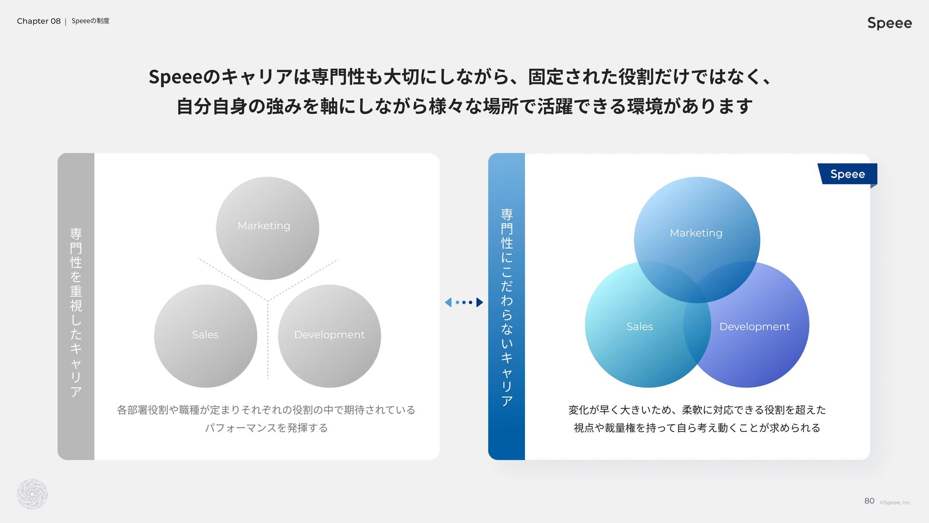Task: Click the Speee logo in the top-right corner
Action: click(x=889, y=23)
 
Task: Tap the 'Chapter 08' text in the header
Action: click(x=39, y=21)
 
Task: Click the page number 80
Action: click(x=869, y=501)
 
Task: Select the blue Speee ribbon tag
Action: click(x=847, y=174)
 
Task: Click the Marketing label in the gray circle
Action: click(x=264, y=226)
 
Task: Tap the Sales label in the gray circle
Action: click(x=205, y=335)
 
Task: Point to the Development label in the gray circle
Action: click(x=329, y=335)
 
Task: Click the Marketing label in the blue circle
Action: click(x=696, y=233)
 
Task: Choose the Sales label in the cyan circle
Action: click(x=640, y=326)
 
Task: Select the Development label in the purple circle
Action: click(x=754, y=326)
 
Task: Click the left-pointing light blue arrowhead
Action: click(x=448, y=302)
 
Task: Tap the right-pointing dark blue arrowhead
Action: click(x=479, y=302)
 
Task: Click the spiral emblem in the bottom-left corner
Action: click(x=32, y=494)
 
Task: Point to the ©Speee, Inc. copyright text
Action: click(x=895, y=503)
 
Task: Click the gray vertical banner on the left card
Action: click(x=76, y=307)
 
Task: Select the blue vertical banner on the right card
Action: click(x=507, y=307)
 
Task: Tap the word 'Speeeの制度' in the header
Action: click(x=90, y=21)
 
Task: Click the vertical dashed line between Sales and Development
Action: click(x=268, y=339)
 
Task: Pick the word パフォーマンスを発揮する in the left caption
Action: click(x=266, y=428)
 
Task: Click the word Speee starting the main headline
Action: click(x=174, y=77)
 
